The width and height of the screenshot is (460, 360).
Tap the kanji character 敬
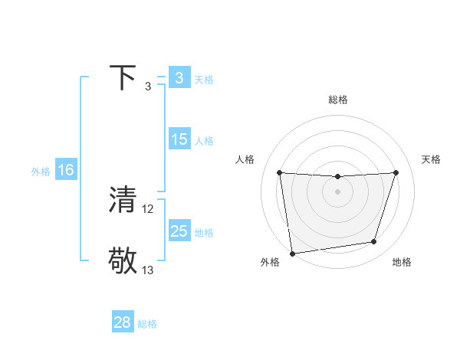pyautogui.click(x=123, y=260)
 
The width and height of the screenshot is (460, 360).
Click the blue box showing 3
pyautogui.click(x=179, y=78)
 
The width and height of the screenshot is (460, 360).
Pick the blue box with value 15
pyautogui.click(x=179, y=139)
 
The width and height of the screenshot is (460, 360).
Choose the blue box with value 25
pyautogui.click(x=179, y=231)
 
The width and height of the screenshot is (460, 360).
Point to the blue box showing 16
pyautogui.click(x=65, y=170)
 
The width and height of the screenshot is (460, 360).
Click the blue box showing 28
pyautogui.click(x=123, y=322)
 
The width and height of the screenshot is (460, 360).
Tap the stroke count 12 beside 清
pyautogui.click(x=148, y=208)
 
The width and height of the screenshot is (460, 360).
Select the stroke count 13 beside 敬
pyautogui.click(x=148, y=270)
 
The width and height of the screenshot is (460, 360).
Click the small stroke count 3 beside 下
pyautogui.click(x=148, y=87)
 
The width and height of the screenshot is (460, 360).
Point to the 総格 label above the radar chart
pyautogui.click(x=337, y=100)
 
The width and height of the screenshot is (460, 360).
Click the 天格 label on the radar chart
pyautogui.click(x=431, y=159)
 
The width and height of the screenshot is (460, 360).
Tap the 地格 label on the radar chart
pyautogui.click(x=402, y=263)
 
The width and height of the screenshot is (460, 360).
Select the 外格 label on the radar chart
pyautogui.click(x=270, y=263)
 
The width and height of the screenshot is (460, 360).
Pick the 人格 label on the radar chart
pyautogui.click(x=245, y=159)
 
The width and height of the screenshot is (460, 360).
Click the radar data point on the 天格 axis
pyautogui.click(x=396, y=172)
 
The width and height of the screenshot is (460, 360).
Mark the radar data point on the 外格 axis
pyautogui.click(x=292, y=253)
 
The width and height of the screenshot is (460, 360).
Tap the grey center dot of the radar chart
pyautogui.click(x=337, y=191)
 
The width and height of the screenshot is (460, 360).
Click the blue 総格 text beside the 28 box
pyautogui.click(x=147, y=324)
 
